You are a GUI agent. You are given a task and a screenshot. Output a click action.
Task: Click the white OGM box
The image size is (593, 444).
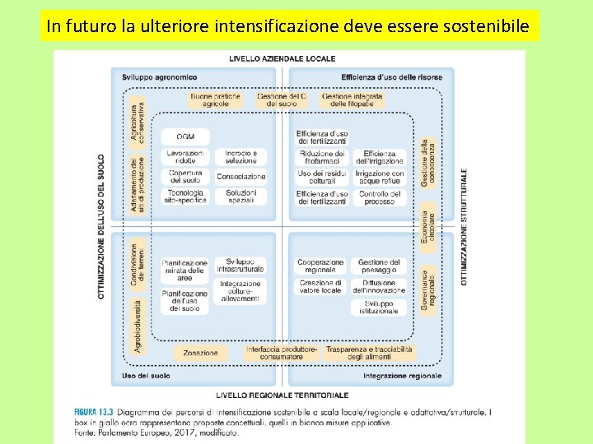point(184,136)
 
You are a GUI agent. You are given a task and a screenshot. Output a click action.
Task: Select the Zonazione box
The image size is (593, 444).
point(200,353)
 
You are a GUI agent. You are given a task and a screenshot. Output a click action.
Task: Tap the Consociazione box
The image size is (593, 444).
point(241,177)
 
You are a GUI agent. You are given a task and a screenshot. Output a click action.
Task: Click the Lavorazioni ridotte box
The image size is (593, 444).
point(184,156)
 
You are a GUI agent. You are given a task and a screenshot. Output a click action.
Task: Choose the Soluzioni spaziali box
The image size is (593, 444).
point(241,197)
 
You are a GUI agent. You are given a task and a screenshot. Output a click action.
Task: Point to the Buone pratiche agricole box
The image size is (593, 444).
point(215,100)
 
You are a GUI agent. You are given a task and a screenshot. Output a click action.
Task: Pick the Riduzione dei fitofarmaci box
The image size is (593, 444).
point(322,156)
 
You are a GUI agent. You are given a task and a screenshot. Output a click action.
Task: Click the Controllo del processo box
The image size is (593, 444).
point(379,197)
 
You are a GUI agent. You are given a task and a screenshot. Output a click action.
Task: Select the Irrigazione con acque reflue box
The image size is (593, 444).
point(379,177)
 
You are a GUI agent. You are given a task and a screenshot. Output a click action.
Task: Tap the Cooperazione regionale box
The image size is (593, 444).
point(320,266)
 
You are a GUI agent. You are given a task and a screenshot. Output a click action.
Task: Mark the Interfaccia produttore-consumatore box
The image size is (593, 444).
point(281,353)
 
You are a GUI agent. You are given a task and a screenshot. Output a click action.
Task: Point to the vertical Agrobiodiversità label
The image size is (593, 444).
point(138,325)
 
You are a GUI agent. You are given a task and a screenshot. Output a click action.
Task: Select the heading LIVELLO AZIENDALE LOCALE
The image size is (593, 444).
point(282,59)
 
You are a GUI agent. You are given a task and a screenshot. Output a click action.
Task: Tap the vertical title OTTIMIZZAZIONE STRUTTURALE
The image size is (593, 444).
point(463,227)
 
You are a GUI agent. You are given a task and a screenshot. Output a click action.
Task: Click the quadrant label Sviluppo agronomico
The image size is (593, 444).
point(159,77)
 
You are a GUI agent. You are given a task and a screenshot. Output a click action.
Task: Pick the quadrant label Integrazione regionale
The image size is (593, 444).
point(402,376)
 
